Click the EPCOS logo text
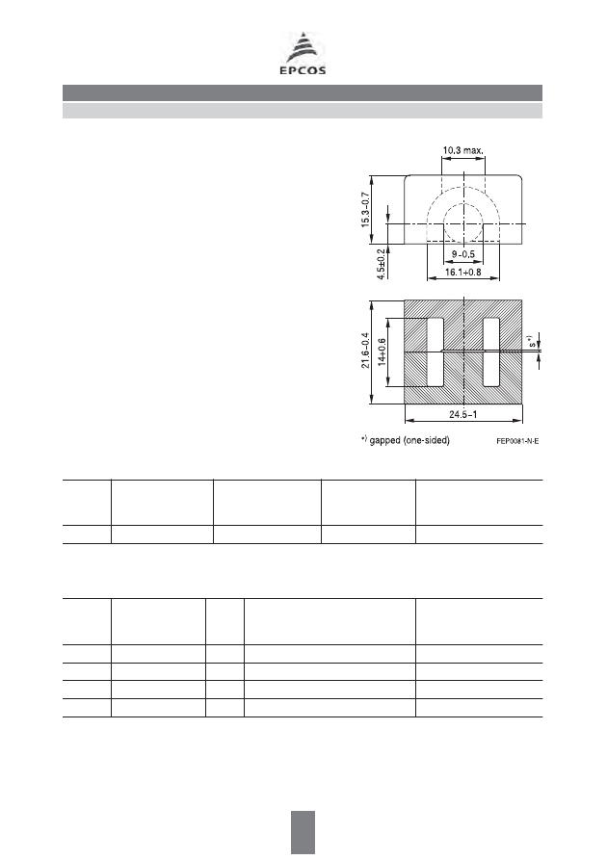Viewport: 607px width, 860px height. (303, 70)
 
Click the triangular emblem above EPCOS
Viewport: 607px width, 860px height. (303, 48)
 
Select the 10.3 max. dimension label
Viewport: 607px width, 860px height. (463, 150)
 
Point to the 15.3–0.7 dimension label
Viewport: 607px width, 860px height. (365, 210)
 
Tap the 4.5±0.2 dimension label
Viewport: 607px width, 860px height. (381, 265)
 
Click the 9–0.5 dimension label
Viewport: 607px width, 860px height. (463, 254)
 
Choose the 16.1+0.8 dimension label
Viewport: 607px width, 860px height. (463, 272)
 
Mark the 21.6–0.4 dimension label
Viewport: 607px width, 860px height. (365, 351)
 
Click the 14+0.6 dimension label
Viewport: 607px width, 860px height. (382, 352)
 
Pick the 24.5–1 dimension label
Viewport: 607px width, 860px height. (463, 414)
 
